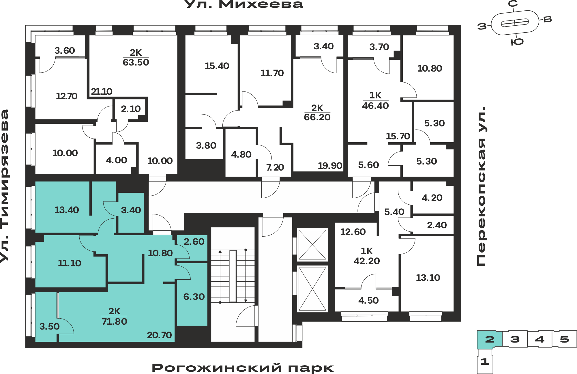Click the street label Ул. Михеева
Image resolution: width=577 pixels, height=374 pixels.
point(243,4)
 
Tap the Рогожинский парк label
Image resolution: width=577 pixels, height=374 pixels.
point(243,368)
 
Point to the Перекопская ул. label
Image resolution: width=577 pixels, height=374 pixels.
point(481,186)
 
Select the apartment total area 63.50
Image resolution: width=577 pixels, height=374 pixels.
point(136,62)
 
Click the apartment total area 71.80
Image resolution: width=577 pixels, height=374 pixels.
point(114,321)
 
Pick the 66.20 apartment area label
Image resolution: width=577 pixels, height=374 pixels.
point(317,117)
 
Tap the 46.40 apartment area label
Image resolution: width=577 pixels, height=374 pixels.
point(375,106)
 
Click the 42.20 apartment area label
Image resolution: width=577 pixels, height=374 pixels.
point(367,261)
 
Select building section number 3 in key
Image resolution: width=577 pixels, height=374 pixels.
point(515,339)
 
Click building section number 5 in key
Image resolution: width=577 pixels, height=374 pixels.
point(565,339)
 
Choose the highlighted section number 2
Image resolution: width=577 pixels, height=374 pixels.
point(490,339)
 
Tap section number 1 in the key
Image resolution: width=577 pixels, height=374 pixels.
point(485,361)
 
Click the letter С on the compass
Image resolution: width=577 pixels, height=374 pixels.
point(513,4)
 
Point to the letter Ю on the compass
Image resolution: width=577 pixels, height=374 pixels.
point(517,42)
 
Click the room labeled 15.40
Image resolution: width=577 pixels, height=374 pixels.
point(217,66)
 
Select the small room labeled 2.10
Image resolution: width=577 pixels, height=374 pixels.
point(131,109)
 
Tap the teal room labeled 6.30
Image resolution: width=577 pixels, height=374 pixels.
point(194,297)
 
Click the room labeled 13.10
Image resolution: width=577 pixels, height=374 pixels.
point(428,278)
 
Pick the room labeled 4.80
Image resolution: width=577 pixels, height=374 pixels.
point(241,154)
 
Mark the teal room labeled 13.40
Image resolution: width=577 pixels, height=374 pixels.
point(67,210)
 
